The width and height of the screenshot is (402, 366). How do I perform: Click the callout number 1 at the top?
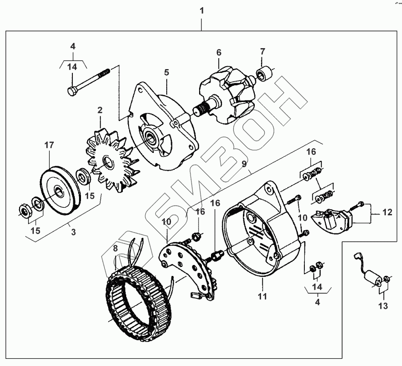[x=202, y=10]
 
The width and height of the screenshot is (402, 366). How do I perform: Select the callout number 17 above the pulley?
[x=50, y=144]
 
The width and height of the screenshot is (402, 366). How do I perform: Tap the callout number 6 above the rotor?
[x=219, y=52]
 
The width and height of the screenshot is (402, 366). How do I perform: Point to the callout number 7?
[x=262, y=51]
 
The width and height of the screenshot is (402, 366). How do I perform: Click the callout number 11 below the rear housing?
[x=262, y=296]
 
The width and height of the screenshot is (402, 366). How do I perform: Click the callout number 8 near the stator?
[x=115, y=248]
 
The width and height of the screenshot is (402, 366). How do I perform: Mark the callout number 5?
[x=167, y=72]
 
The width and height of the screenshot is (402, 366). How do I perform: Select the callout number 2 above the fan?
[x=100, y=110]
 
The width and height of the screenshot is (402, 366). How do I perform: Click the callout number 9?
[x=243, y=165]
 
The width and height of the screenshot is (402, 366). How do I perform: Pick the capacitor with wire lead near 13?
[x=374, y=277]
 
